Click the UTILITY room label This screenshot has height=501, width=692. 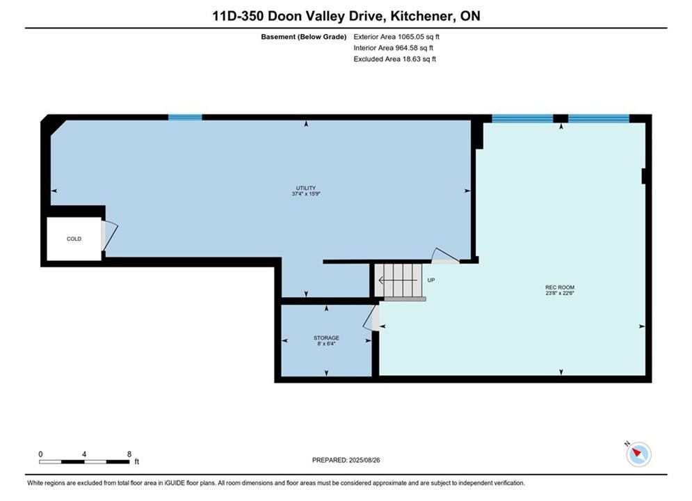[306, 188]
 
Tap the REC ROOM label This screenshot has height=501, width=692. [560, 287]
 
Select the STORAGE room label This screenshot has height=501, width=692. [327, 338]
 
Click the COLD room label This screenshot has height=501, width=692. [74, 239]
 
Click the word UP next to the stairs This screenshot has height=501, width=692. [431, 280]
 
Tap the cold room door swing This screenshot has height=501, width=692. [110, 235]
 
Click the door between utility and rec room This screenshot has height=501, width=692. [445, 256]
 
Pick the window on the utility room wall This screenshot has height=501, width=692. [185, 118]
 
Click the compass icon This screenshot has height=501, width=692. [638, 454]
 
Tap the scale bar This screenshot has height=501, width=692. [84, 462]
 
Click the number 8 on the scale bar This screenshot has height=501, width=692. [129, 454]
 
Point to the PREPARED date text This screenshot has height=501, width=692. [346, 460]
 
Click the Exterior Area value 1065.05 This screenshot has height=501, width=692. [410, 37]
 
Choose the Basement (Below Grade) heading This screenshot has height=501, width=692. [304, 37]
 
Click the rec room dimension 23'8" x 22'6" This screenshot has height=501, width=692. [560, 293]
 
